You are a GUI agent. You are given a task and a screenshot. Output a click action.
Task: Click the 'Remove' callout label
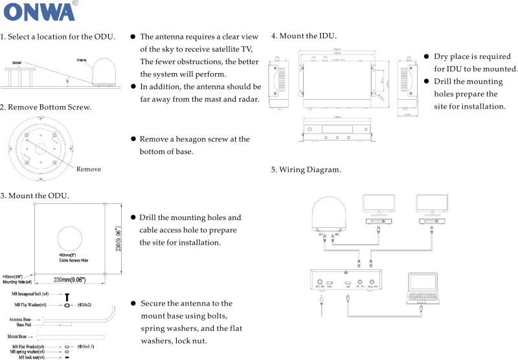(x=89, y=169)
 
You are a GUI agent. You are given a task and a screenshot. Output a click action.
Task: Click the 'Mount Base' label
(x=17, y=337)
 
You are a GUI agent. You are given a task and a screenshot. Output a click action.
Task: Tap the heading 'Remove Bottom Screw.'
(x=46, y=107)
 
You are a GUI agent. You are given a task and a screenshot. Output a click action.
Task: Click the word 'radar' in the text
(x=247, y=99)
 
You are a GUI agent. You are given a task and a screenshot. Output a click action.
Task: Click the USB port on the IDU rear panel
(x=348, y=284)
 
